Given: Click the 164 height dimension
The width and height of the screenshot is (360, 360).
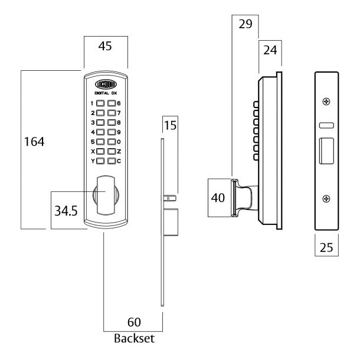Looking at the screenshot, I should tap(35, 142).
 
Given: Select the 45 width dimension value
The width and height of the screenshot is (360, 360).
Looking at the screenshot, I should tap(105, 45).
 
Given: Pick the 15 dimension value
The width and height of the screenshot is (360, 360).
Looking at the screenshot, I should tap(170, 125).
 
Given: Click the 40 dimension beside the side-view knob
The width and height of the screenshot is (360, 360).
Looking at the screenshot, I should tap(218, 198).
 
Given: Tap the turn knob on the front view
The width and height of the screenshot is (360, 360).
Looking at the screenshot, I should tap(106, 195).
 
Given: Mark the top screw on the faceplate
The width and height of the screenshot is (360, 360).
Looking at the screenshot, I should tap(326, 102).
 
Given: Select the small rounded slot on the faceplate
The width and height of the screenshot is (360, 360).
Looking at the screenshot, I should tap(326, 126).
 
